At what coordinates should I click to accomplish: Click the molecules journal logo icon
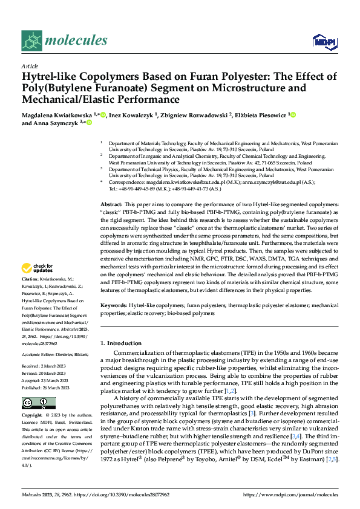[x=31, y=41]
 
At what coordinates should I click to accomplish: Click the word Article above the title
[x=29, y=66]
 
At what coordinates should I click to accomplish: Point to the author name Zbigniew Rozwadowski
[x=192, y=114]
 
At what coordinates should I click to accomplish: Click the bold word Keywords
[x=114, y=306]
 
